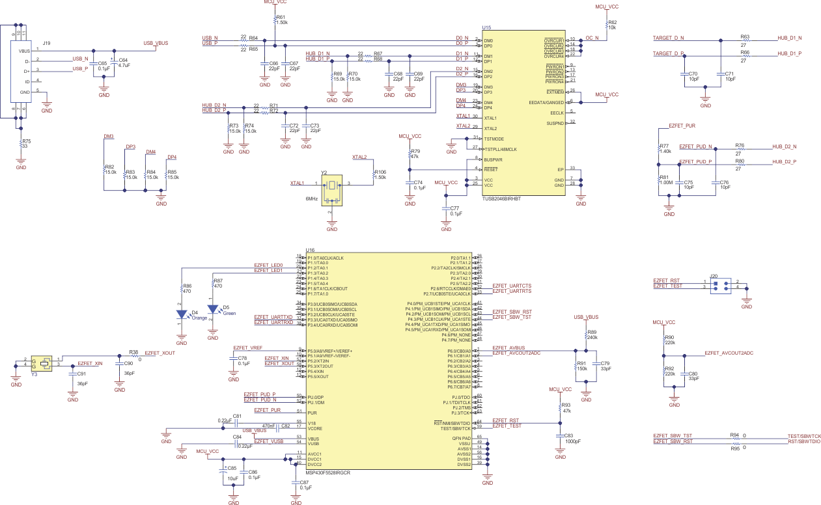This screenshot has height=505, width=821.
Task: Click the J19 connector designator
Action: (x=46, y=44)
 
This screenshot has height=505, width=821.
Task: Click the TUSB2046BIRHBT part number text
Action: (x=502, y=198)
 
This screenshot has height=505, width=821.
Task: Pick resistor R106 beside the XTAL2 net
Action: (x=373, y=175)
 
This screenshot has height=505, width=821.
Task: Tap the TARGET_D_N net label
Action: (x=668, y=38)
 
